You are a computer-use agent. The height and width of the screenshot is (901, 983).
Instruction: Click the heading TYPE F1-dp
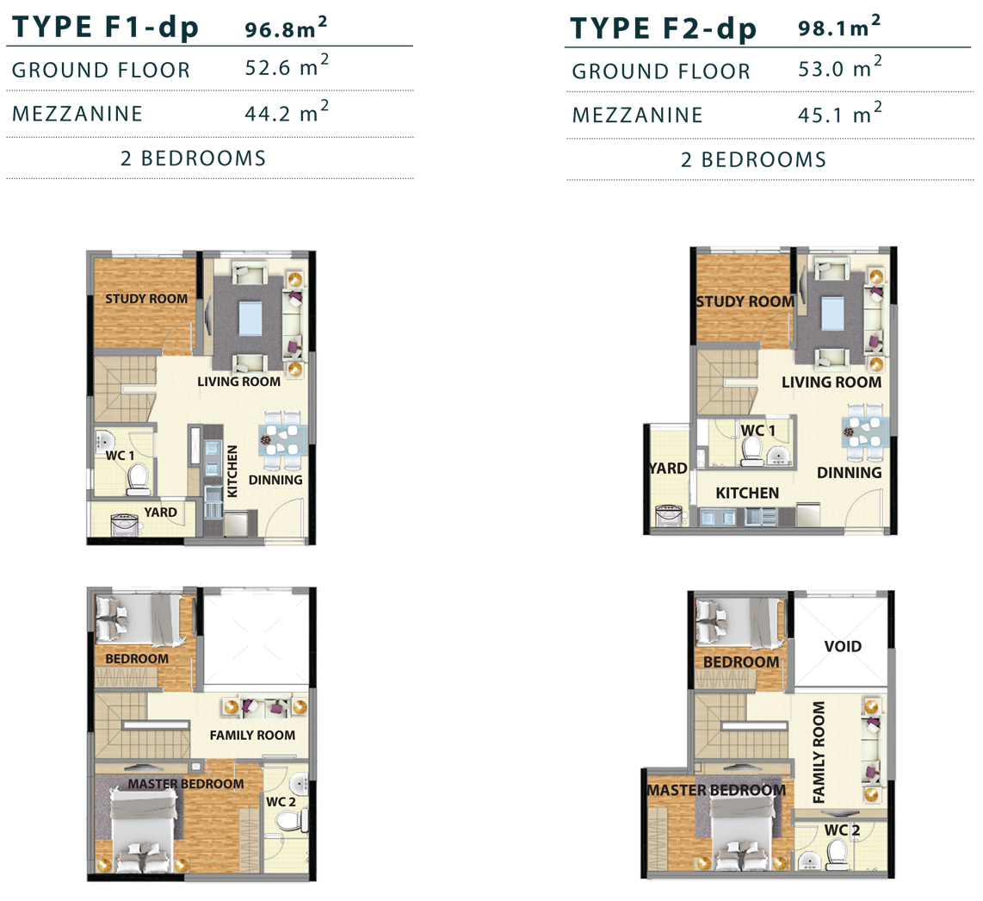105,28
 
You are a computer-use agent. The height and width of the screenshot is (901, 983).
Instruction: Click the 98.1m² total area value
838,27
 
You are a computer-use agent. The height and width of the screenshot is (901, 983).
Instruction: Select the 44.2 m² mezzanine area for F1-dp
287,112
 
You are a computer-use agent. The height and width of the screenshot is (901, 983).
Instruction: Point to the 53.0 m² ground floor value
839,67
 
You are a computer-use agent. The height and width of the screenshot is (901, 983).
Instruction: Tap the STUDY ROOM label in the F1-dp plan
146,299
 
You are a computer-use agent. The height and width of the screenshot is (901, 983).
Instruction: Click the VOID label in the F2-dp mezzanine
843,646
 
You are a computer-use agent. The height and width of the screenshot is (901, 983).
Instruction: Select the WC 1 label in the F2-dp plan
758,431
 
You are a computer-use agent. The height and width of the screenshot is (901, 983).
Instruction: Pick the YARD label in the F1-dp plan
160,512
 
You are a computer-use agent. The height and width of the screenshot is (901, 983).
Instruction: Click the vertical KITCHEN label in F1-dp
232,471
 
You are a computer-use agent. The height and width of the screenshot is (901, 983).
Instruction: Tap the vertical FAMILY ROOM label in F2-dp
819,752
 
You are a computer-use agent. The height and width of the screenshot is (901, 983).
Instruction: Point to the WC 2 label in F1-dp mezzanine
281,802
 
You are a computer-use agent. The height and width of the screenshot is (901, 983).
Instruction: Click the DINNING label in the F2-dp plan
849,472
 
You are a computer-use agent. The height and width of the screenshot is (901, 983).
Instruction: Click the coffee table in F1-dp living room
250,319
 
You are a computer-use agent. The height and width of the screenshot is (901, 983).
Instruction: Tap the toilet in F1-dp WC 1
138,478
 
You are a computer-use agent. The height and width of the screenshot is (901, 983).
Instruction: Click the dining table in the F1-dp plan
282,440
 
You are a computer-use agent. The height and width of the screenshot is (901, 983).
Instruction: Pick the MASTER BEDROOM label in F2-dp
716,791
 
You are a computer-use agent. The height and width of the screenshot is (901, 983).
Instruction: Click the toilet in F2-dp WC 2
838,854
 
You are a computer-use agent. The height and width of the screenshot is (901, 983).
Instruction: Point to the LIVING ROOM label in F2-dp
832,382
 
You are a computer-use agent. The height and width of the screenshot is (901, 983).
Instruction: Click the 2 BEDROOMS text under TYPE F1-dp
193,158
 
